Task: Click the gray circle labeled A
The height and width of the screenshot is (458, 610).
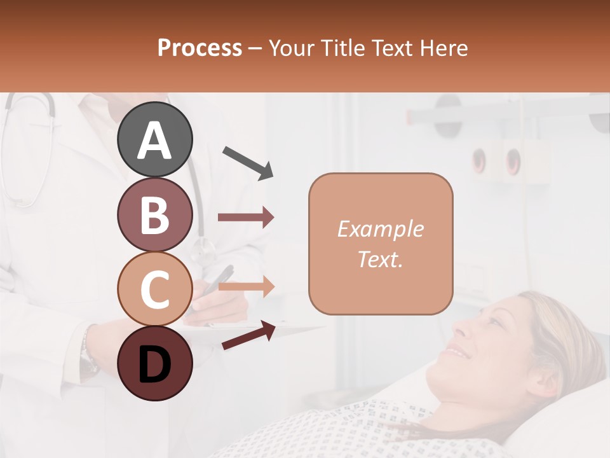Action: click(154, 139)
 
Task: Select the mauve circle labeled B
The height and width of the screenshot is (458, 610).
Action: click(154, 214)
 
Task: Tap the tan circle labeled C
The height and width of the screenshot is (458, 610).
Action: click(154, 289)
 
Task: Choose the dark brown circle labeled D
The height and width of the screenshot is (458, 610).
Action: click(154, 363)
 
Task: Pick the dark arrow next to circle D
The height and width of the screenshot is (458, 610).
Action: click(248, 335)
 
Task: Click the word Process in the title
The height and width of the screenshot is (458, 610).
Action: click(200, 48)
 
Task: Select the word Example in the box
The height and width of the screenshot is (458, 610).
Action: click(380, 229)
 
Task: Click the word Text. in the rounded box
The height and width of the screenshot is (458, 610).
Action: click(380, 259)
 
